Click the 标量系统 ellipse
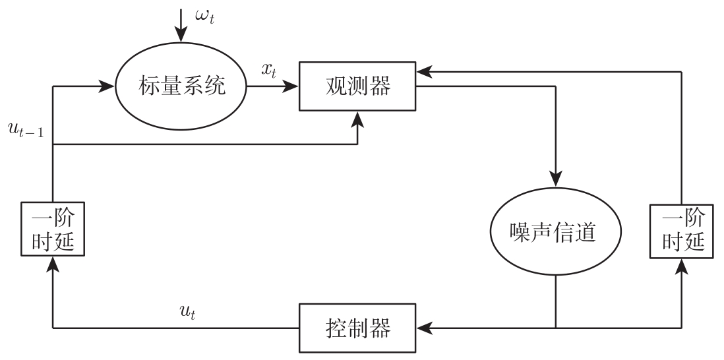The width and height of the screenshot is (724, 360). coord(180,86)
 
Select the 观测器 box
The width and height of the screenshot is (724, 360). coord(358,86)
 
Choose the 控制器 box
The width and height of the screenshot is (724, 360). coord(358,326)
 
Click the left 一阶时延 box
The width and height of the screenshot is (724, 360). coord(52,231)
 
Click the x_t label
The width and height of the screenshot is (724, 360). coord(268,71)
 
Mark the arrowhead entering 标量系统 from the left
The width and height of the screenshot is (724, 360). coord(107,86)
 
